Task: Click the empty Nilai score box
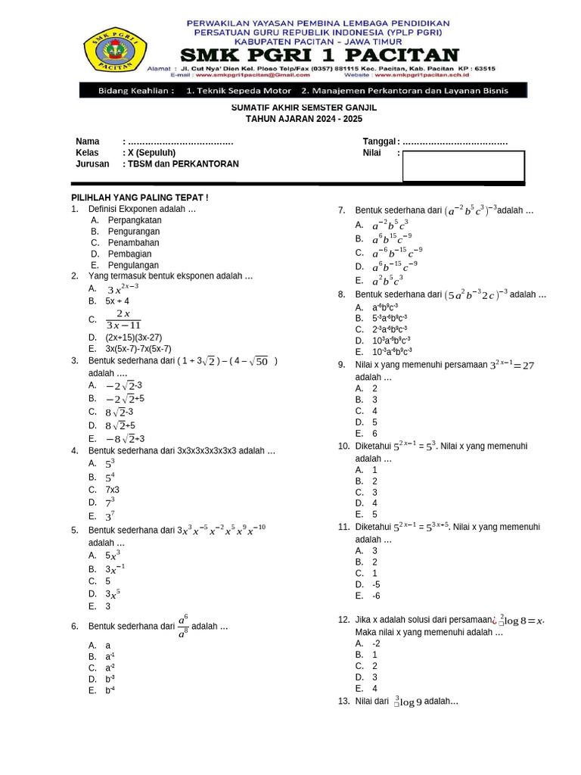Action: [x=463, y=167]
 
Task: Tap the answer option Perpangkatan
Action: [x=135, y=220]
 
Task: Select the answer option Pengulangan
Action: [x=134, y=266]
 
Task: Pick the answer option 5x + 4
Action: [x=117, y=300]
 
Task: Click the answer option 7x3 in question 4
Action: [x=113, y=490]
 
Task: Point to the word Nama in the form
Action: [x=88, y=142]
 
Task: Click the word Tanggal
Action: [x=379, y=142]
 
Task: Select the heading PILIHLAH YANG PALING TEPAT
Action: [x=139, y=198]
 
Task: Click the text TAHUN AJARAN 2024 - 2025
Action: [x=304, y=120]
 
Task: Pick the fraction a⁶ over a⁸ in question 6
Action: [x=182, y=627]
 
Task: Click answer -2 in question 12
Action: [x=376, y=643]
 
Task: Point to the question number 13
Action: [x=343, y=702]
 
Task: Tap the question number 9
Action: [x=342, y=365]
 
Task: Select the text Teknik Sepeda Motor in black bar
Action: [x=239, y=91]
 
